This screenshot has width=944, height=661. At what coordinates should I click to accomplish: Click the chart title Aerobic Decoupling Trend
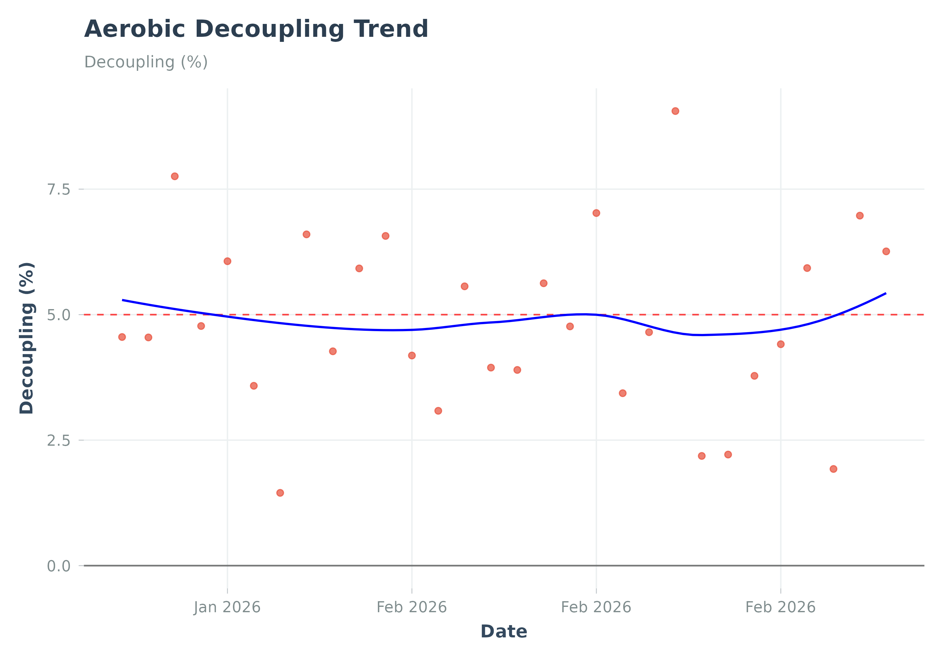coord(256,29)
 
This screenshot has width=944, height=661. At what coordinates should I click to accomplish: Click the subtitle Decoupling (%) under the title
coord(146,62)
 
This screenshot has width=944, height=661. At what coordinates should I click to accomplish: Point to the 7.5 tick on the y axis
coord(59,189)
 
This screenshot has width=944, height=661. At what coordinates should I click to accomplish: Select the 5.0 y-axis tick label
coord(59,315)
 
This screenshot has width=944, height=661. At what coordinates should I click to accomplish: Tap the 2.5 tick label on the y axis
coord(59,441)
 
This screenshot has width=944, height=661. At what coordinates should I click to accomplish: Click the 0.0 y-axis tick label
coord(59,566)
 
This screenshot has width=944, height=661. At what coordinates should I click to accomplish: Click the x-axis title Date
coord(504,632)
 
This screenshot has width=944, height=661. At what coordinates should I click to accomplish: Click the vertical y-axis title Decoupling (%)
coord(27,338)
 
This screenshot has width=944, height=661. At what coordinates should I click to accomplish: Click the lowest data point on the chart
coord(280,493)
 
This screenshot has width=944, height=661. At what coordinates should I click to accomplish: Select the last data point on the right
coord(886,251)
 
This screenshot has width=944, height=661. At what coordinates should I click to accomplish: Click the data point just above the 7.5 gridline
coord(175,177)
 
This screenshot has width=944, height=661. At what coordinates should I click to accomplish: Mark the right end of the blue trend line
coord(885,294)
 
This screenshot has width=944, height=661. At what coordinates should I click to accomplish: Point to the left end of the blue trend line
coord(123,300)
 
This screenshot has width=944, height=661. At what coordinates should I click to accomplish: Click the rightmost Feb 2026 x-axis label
coord(780,607)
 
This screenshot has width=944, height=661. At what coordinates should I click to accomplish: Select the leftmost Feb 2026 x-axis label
coord(412,607)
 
